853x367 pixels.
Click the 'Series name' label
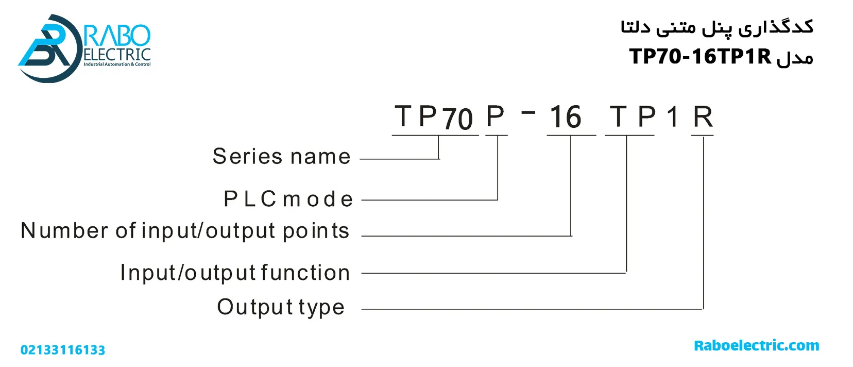click(281, 156)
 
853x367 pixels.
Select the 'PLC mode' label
click(288, 199)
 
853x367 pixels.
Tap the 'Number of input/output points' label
click(185, 231)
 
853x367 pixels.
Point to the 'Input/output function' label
click(235, 273)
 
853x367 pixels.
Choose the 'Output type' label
click(281, 307)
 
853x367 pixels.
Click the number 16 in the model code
click(565, 117)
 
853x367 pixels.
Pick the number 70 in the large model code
click(457, 119)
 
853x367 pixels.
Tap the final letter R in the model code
click(703, 117)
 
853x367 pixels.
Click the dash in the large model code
click(528, 111)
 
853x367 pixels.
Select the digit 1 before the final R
click(673, 117)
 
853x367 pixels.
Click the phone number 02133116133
click(63, 350)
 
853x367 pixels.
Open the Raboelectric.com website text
click(756, 345)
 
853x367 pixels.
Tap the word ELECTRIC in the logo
click(117, 55)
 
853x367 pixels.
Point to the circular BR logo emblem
click(46, 48)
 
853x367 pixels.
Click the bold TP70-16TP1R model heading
click(700, 56)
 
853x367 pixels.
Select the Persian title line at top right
click(716, 27)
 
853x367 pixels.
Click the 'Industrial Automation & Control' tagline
click(117, 64)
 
